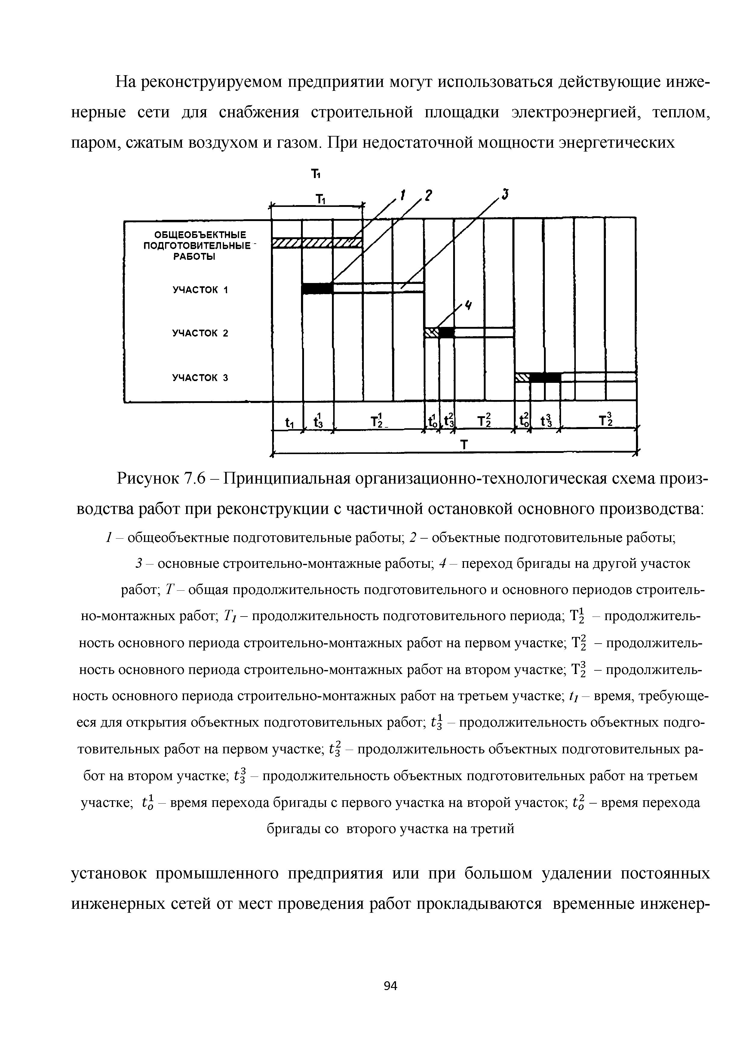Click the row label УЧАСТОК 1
coord(200,290)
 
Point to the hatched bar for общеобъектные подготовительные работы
coord(317,243)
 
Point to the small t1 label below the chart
coord(289,422)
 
